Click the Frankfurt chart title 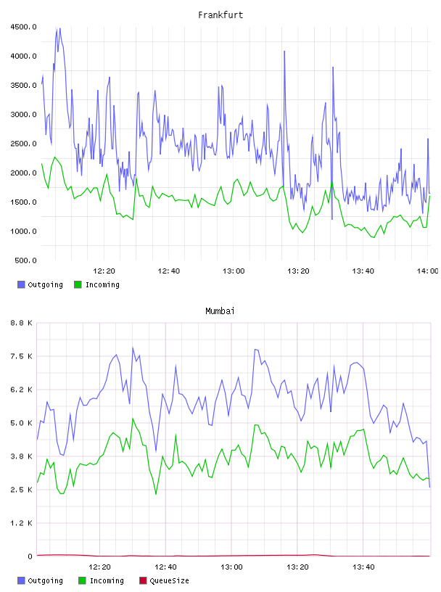pyautogui.click(x=220, y=15)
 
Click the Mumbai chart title pyautogui.click(x=220, y=311)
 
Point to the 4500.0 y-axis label pyautogui.click(x=23, y=27)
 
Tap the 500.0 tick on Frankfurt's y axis pyautogui.click(x=25, y=260)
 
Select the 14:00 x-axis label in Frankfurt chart pyautogui.click(x=427, y=271)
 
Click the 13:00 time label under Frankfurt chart pyautogui.click(x=234, y=271)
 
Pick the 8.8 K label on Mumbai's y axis pyautogui.click(x=21, y=323)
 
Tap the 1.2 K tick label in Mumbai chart pyautogui.click(x=21, y=523)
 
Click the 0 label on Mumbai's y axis pyautogui.click(x=30, y=556)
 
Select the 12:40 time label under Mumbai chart pyautogui.click(x=165, y=567)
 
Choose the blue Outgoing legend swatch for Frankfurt pyautogui.click(x=21, y=284)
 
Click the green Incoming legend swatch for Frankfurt pyautogui.click(x=78, y=284)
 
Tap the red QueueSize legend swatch pyautogui.click(x=143, y=580)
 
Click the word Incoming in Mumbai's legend pyautogui.click(x=107, y=580)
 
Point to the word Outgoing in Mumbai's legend pyautogui.click(x=45, y=580)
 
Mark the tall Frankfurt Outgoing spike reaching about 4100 pyautogui.click(x=284, y=52)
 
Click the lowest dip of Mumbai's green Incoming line pyautogui.click(x=156, y=493)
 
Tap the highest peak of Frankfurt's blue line pyautogui.click(x=59, y=29)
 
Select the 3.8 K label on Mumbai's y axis pyautogui.click(x=21, y=456)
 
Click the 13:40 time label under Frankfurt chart pyautogui.click(x=363, y=271)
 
